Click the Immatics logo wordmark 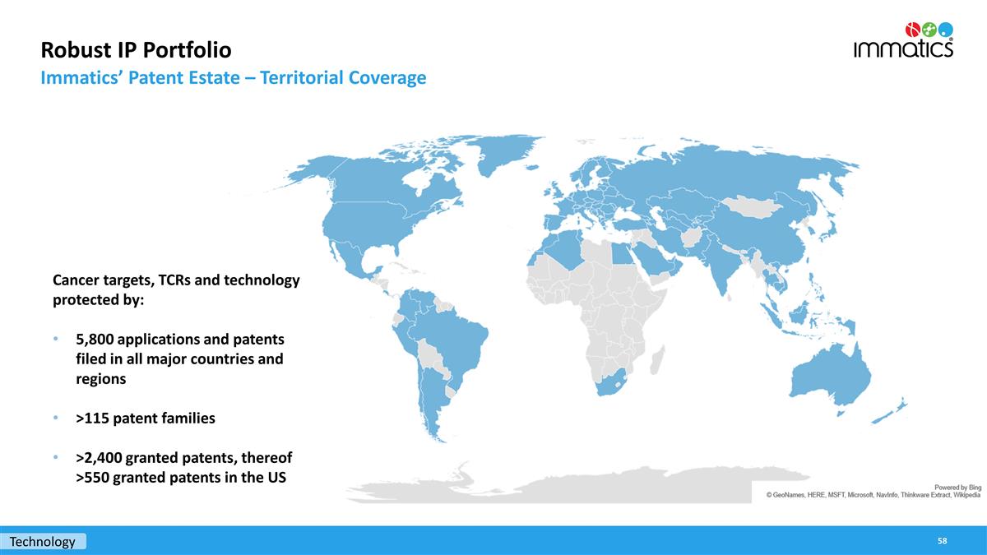click(903, 49)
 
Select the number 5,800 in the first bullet click(95, 339)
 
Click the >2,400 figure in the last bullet click(99, 458)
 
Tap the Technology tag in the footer click(43, 541)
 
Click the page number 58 click(942, 541)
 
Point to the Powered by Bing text click(958, 488)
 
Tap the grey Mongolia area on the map click(753, 206)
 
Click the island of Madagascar click(657, 360)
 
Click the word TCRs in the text click(174, 280)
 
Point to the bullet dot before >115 click(56, 418)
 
